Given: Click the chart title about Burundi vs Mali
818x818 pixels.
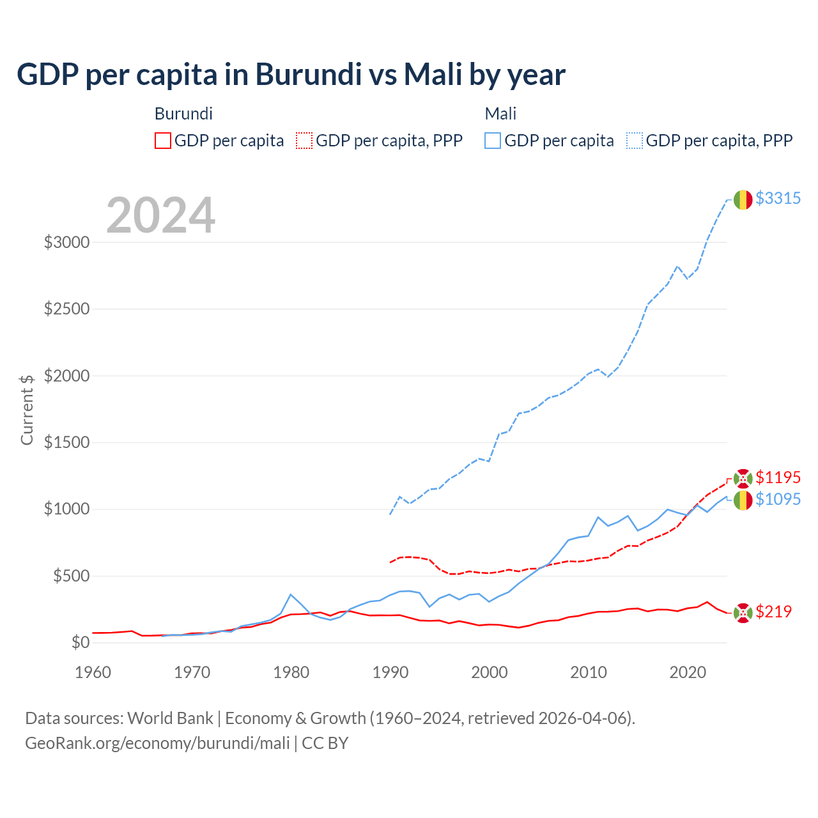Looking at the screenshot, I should pyautogui.click(x=291, y=75).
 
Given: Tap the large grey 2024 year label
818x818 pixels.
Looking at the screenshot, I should pyautogui.click(x=160, y=215).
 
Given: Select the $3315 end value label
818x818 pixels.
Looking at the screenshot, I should pyautogui.click(x=778, y=198).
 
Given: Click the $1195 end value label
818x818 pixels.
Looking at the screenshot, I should pyautogui.click(x=778, y=477).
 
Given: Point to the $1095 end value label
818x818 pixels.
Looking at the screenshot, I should pyautogui.click(x=778, y=499).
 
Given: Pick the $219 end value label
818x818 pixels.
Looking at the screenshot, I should pyautogui.click(x=773, y=612).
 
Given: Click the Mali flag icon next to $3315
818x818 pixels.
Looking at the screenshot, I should pyautogui.click(x=743, y=200).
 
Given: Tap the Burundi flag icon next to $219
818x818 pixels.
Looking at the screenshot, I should pyautogui.click(x=743, y=613).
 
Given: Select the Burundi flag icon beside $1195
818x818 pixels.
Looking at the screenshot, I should pyautogui.click(x=743, y=478).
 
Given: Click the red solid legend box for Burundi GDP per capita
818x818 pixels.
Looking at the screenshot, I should pyautogui.click(x=163, y=141).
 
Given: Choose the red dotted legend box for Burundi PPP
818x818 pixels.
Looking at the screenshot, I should pyautogui.click(x=304, y=141).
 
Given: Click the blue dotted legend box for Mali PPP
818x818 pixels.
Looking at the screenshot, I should pyautogui.click(x=635, y=141).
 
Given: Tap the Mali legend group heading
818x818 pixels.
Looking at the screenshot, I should pyautogui.click(x=500, y=114).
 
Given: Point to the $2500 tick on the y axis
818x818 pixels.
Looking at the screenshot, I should pyautogui.click(x=66, y=309).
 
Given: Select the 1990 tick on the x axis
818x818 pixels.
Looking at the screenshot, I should pyautogui.click(x=390, y=672).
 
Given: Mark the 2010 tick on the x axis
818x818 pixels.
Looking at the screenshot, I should pyautogui.click(x=589, y=672).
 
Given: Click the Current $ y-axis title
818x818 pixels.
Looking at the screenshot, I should pyautogui.click(x=27, y=410).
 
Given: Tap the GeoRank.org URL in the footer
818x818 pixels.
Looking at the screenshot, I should pyautogui.click(x=157, y=743).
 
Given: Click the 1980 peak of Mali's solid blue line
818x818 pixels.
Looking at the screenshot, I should pyautogui.click(x=291, y=594).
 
